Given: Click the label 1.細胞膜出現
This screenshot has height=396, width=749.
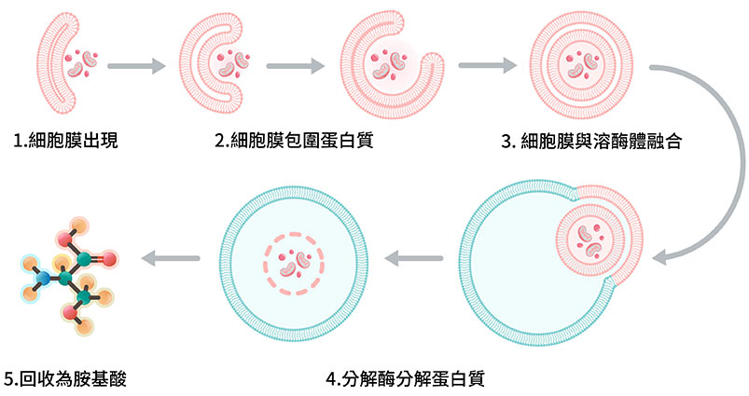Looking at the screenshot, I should tap(65, 142).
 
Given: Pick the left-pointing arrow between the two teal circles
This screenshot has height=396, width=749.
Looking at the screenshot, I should tap(413, 258).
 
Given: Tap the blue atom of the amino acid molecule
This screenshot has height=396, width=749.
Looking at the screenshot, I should tap(39, 278).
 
